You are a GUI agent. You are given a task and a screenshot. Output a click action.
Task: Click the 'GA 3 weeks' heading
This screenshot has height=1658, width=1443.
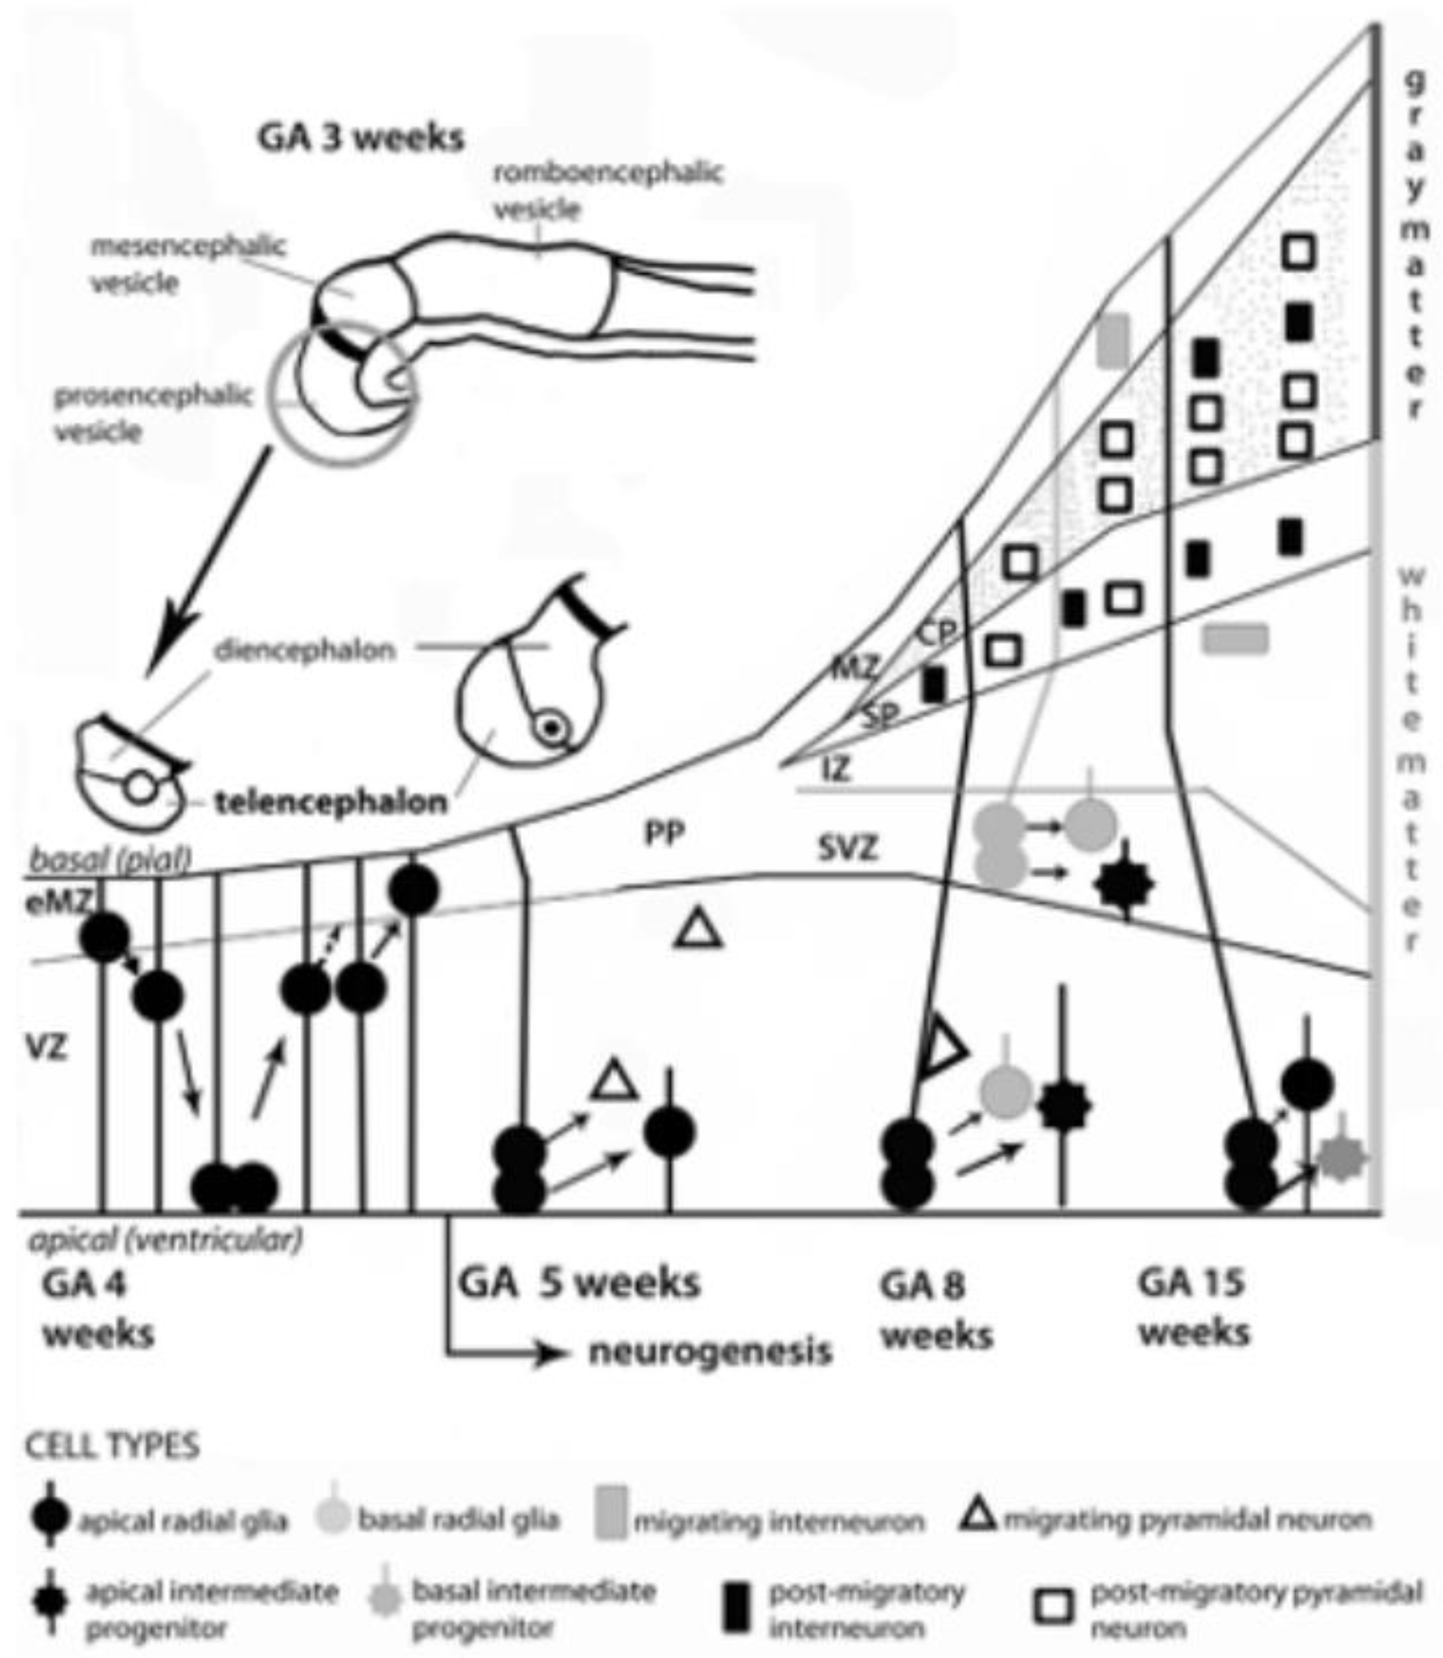pyautogui.click(x=361, y=138)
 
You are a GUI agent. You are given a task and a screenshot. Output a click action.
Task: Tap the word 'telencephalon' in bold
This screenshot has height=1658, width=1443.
pyautogui.click(x=331, y=803)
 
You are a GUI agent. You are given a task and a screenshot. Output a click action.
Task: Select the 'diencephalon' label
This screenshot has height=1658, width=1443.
pyautogui.click(x=305, y=651)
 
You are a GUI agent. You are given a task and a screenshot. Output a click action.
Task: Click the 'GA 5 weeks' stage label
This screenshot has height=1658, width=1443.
pyautogui.click(x=579, y=1282)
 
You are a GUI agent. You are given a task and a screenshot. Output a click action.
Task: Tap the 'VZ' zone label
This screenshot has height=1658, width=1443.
pyautogui.click(x=46, y=1048)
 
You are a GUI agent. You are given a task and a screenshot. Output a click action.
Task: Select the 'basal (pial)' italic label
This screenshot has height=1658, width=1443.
pyautogui.click(x=110, y=859)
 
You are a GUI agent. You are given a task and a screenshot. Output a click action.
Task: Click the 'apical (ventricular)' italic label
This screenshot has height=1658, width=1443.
pyautogui.click(x=166, y=1240)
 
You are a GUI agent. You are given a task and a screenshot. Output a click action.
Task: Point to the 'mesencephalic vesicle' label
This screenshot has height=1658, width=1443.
pyautogui.click(x=188, y=264)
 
